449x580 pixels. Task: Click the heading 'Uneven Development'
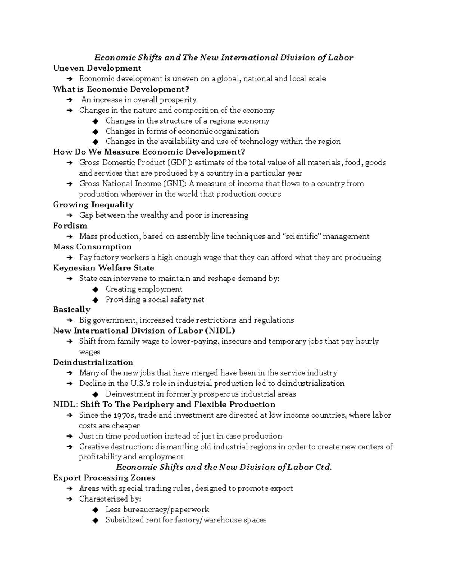[97, 68]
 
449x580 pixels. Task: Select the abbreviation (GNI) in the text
[174, 183]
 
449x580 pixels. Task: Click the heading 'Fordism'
[70, 226]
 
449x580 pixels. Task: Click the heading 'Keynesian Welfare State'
[103, 268]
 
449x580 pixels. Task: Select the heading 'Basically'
[71, 310]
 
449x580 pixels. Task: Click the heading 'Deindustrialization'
[93, 362]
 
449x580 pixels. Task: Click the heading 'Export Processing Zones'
[104, 478]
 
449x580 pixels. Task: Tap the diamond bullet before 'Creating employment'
[95, 289]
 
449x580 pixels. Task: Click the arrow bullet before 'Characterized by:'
[69, 499]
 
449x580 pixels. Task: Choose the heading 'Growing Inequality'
[93, 205]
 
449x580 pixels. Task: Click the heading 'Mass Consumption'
[92, 247]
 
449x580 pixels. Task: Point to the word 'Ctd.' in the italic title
[323, 467]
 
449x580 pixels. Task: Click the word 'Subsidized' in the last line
[124, 520]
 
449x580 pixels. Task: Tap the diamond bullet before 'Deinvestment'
[95, 394]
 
